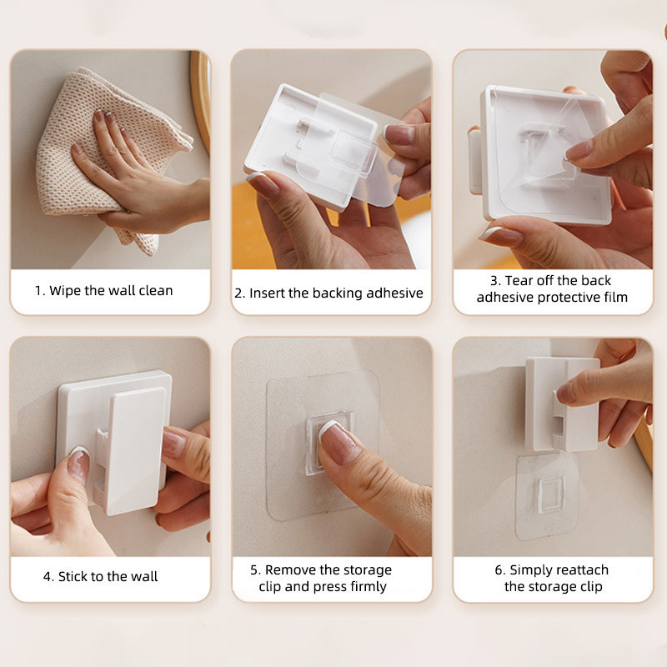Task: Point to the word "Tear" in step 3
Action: tap(518, 281)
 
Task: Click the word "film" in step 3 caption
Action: tap(616, 297)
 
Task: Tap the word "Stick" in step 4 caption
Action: tap(72, 576)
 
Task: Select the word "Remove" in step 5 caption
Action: tap(290, 569)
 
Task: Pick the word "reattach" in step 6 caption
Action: tap(582, 569)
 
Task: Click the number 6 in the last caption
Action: tap(499, 569)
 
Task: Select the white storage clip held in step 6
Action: tap(562, 404)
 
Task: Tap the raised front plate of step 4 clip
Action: tap(136, 450)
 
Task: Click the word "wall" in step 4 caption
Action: tap(143, 576)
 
